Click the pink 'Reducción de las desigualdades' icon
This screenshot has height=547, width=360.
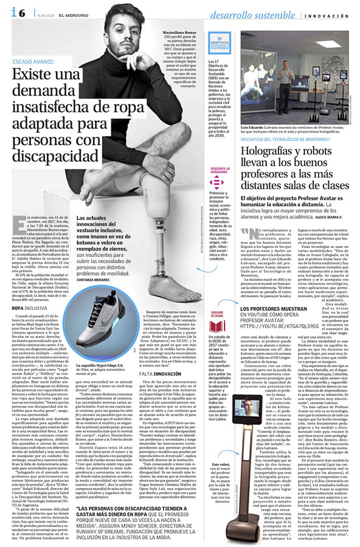click(216, 182)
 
